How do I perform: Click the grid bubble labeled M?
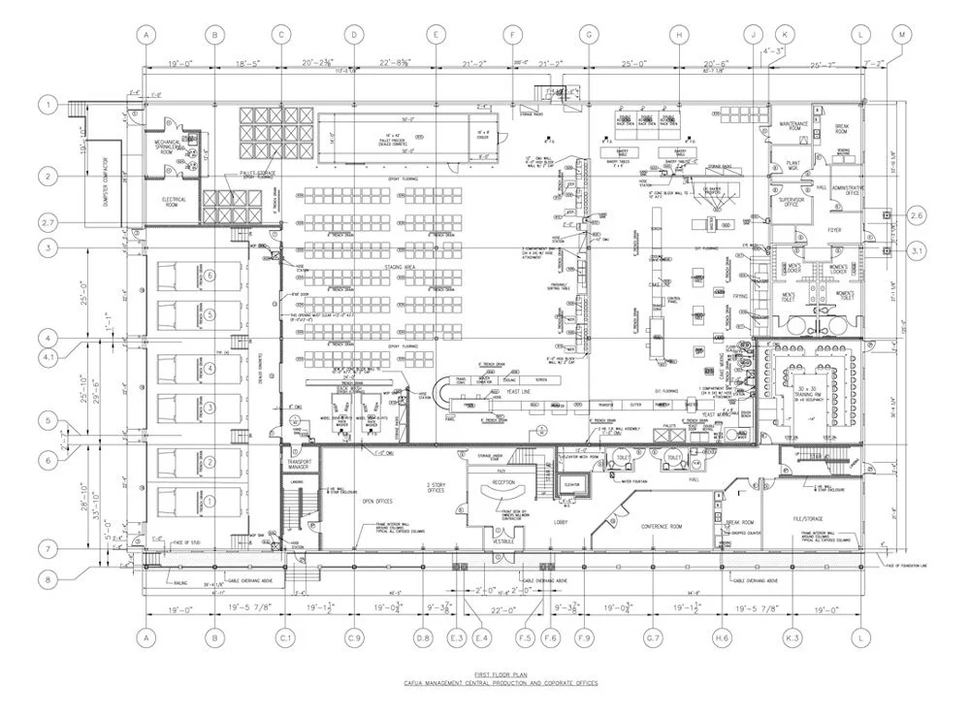click(904, 35)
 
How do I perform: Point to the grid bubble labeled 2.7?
click(47, 223)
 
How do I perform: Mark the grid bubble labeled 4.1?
click(47, 356)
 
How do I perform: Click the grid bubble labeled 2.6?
click(918, 214)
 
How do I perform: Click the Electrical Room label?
click(173, 202)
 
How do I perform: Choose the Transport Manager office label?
click(298, 463)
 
